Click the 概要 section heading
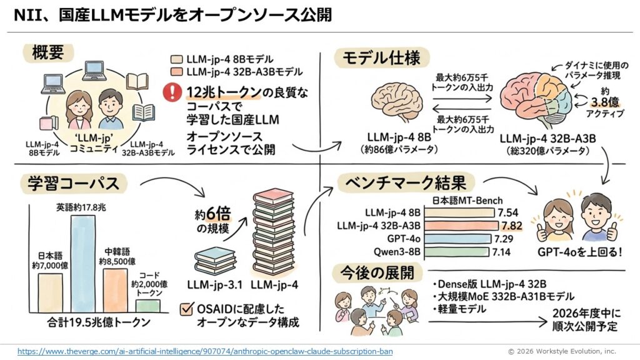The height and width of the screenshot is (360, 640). pos(47,53)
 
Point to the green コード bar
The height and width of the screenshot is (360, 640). pos(147,306)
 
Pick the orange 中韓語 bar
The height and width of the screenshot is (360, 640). pos(116,290)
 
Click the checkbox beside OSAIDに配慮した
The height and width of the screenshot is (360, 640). pos(186,308)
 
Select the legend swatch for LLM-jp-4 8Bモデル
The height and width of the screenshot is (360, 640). pos(177,59)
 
